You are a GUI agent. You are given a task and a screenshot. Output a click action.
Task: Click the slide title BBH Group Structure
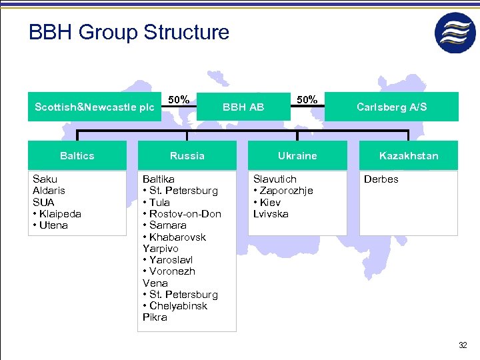(x=129, y=32)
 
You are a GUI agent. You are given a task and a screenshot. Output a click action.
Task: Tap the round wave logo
(x=455, y=33)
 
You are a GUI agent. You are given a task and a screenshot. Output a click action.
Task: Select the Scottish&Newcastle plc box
(x=94, y=107)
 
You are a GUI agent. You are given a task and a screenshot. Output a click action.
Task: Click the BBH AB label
(x=243, y=107)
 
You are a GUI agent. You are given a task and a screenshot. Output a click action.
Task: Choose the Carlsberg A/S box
(x=391, y=107)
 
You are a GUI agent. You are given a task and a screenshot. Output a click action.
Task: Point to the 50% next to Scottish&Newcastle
(x=178, y=99)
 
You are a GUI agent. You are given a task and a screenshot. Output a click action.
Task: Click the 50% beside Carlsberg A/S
(x=307, y=99)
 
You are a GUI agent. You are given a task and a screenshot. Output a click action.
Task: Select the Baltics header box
(x=77, y=155)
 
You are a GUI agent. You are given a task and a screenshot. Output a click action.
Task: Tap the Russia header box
(x=187, y=155)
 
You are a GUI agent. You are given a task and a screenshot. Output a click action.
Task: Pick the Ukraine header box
(x=297, y=155)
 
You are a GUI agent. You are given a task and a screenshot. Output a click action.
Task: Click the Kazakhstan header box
(x=409, y=155)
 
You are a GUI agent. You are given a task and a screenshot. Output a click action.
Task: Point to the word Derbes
(x=381, y=179)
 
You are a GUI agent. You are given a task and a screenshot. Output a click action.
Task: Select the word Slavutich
(x=275, y=179)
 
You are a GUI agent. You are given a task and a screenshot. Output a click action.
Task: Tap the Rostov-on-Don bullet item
(x=182, y=214)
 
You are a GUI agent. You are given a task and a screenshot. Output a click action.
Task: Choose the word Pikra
(x=155, y=317)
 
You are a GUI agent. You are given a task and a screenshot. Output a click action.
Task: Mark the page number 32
(x=463, y=345)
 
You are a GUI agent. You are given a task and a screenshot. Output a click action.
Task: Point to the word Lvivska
(x=271, y=214)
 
